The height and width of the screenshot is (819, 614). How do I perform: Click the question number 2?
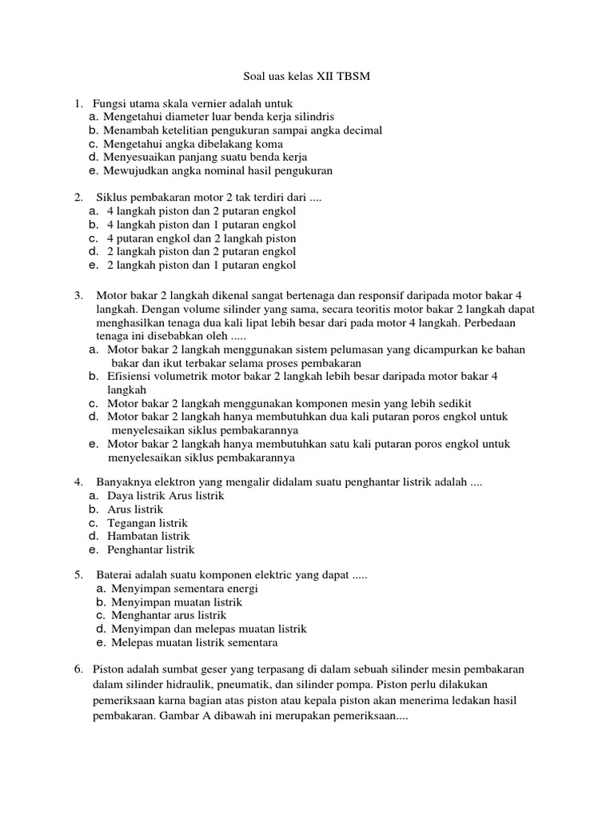coord(78,198)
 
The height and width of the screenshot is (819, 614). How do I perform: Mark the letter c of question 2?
coord(93,238)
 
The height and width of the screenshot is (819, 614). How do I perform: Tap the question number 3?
coord(78,295)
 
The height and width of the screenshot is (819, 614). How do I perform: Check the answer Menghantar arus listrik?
coord(169,616)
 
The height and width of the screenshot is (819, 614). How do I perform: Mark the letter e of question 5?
coord(99,643)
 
